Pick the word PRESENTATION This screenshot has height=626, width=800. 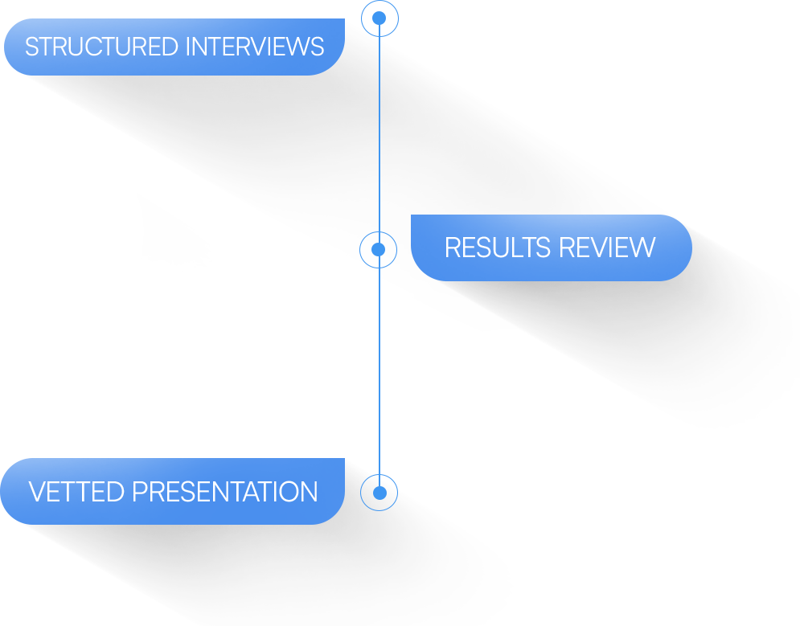point(225,492)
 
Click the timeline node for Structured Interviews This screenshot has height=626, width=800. point(379,18)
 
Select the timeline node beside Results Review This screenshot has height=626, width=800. point(378,249)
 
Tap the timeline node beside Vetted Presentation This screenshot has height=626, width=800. point(379,492)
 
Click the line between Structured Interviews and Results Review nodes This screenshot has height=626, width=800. point(379,133)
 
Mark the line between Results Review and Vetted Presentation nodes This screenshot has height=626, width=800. point(379,370)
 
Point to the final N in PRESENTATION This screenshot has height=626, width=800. point(310,492)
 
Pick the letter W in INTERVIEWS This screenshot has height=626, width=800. point(299,47)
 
